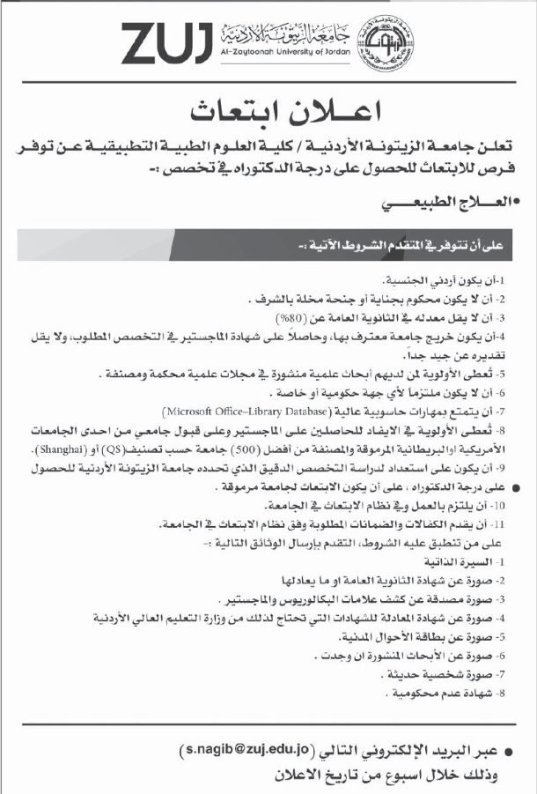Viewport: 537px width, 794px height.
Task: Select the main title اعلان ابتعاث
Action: [x=274, y=113]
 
